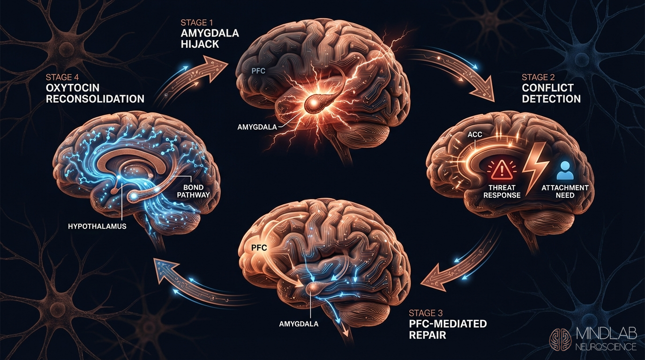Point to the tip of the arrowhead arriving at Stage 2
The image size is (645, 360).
494,102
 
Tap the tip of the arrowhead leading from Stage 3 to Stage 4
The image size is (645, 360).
154,258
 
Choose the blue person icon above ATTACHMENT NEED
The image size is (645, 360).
565,170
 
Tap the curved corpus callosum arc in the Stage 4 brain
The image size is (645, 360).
133,164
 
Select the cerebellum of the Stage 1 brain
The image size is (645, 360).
363,137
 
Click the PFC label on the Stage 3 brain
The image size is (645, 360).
259,247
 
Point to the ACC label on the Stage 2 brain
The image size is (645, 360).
475,134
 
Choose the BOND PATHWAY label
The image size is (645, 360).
193,191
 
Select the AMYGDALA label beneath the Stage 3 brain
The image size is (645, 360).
299,324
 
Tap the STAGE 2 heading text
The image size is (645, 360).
538,77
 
